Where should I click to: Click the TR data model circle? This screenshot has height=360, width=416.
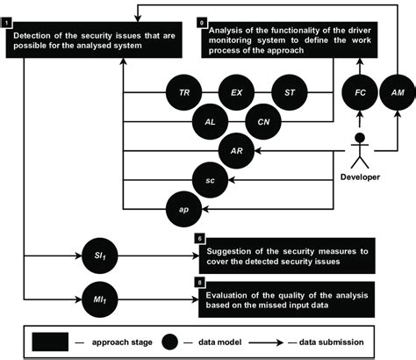click(x=184, y=91)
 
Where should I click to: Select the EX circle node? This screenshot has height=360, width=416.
click(x=235, y=91)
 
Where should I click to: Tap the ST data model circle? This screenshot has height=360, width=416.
click(x=289, y=91)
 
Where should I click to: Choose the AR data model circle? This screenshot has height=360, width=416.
click(x=235, y=150)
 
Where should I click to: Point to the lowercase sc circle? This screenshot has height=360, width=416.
click(x=209, y=179)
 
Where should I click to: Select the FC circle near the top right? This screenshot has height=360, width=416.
click(x=359, y=91)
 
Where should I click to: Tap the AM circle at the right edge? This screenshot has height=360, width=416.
click(x=397, y=91)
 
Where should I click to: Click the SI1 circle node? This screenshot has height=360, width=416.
click(x=103, y=254)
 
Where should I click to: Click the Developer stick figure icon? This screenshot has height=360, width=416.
click(x=359, y=152)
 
